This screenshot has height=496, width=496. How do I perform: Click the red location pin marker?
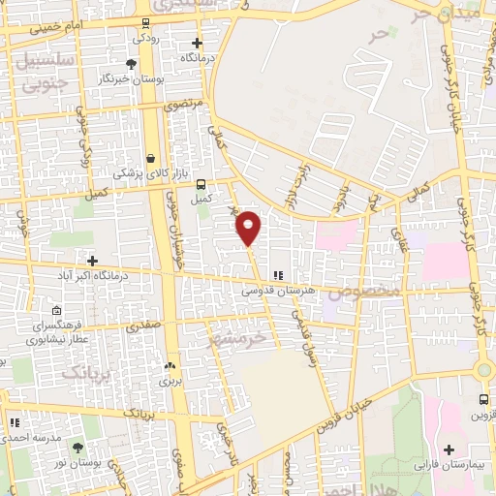point(249,227)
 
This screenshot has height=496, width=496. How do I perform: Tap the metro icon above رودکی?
point(146,23)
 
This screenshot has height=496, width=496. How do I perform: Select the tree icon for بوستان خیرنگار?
point(132,64)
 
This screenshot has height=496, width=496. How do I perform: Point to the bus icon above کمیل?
point(201,184)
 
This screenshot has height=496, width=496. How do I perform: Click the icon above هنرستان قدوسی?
point(278,275)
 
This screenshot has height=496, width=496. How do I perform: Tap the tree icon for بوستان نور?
point(77,447)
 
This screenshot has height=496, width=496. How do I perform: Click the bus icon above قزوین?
point(483,399)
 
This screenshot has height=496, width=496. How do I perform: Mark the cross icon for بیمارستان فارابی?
point(449,450)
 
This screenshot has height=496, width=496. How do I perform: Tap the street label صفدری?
point(141,327)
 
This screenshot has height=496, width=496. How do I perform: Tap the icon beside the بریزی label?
point(170,365)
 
